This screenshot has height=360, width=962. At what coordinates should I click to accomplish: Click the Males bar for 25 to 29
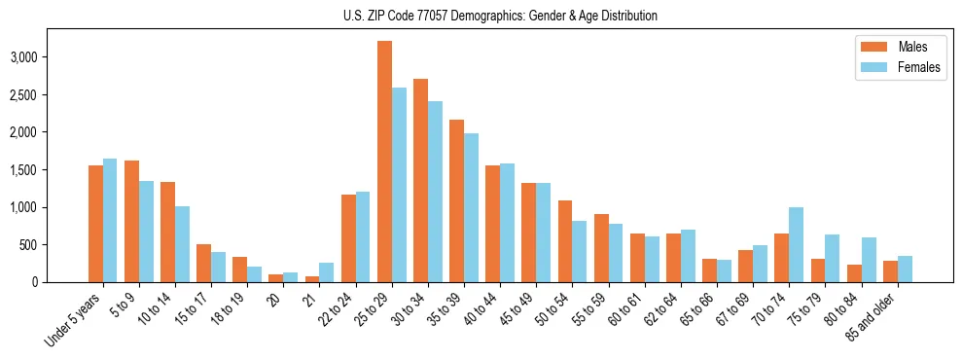[384, 162]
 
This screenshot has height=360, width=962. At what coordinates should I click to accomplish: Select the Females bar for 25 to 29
[399, 185]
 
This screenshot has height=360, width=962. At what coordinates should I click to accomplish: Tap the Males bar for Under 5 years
[95, 224]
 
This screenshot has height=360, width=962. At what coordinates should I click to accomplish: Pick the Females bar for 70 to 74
[797, 244]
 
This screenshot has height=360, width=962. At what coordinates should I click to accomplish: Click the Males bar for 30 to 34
[420, 180]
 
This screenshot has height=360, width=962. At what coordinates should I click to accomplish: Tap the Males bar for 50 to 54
[565, 241]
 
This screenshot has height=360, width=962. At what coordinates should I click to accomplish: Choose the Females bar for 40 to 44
[508, 223]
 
